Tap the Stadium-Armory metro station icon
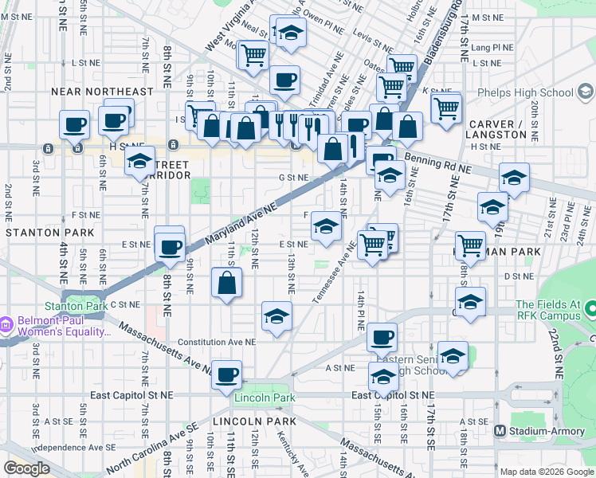500,431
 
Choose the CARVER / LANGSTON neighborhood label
498,129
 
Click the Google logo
27,468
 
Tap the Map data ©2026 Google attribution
546,472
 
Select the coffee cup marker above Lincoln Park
227,374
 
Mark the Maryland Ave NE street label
241,223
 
